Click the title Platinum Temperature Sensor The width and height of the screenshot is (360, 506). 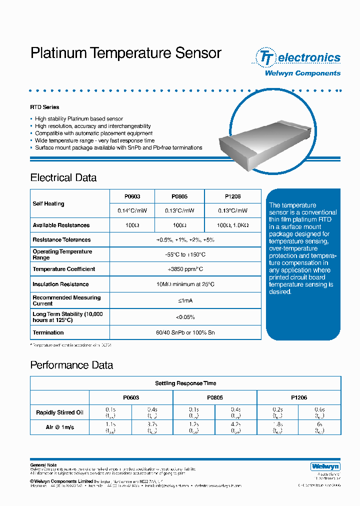coord(125,53)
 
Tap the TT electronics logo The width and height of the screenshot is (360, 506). coord(298,57)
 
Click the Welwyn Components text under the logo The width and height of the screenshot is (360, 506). coord(302,73)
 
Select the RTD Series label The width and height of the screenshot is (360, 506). coord(44,107)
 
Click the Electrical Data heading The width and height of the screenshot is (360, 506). coord(63,178)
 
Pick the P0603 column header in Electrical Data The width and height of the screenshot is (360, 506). coord(132,196)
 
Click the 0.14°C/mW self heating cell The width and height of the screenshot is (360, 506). coord(132,211)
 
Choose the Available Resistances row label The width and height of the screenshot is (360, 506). coord(61,225)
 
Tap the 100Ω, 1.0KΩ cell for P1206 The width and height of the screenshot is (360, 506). coord(232,225)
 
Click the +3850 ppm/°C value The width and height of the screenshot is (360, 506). coord(185,269)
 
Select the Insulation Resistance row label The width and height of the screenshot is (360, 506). coord(60,284)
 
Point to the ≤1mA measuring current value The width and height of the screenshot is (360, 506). coord(185,300)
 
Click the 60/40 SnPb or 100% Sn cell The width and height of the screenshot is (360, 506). coord(185,332)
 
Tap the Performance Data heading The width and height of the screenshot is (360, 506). coord(71,365)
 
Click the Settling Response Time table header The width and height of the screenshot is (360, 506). coord(185,383)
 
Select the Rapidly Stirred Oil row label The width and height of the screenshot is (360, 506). coord(59,413)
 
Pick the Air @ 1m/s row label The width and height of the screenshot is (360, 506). coord(59,427)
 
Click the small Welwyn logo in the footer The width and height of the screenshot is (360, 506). coord(325,466)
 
